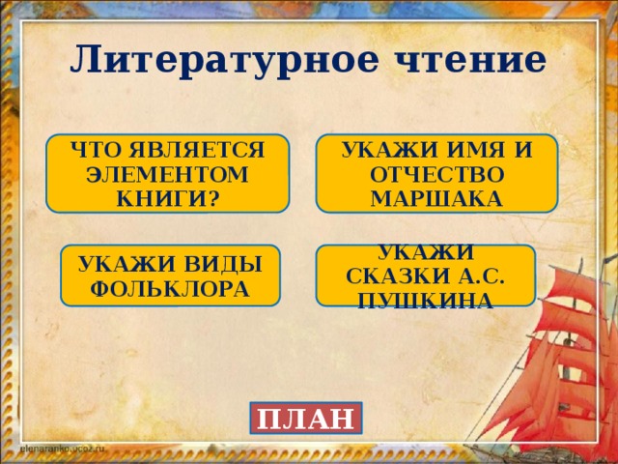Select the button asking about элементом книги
[x=170, y=173]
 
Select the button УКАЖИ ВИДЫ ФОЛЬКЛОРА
[x=170, y=275]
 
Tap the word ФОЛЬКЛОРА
[x=170, y=288]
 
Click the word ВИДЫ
[x=220, y=264]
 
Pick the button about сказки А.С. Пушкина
[x=426, y=276]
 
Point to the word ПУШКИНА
[x=426, y=300]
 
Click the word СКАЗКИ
[x=396, y=276]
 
